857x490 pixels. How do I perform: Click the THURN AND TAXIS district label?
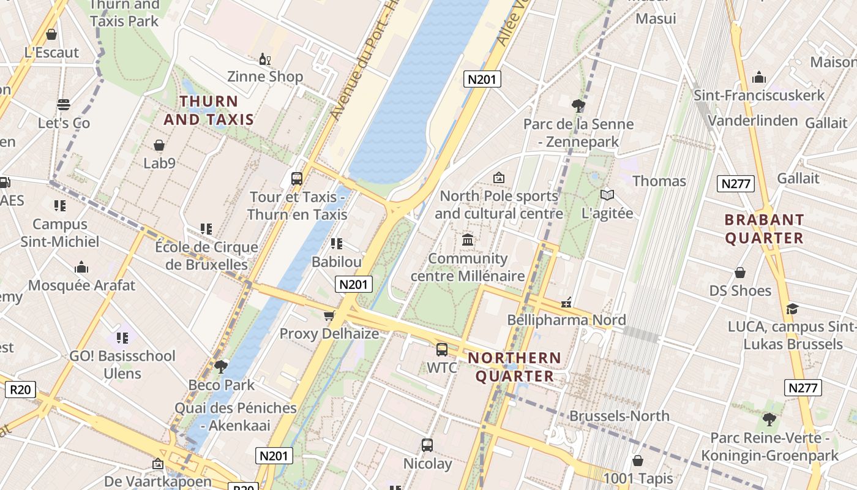pos(209,110)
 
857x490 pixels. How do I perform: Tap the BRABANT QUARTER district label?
pos(764,228)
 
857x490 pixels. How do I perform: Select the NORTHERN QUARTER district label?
pos(514,366)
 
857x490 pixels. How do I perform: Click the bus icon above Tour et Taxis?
pos(297,179)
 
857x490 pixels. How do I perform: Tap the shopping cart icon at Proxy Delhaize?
pos(329,316)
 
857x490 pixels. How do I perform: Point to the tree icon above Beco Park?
pos(220,367)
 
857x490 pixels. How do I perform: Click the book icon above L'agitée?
pos(607,195)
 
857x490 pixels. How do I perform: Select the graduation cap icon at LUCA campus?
pos(792,309)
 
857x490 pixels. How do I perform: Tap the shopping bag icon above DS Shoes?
pos(740,273)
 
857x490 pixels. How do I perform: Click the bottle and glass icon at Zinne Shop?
pos(265,59)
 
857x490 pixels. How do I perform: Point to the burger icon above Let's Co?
pos(64,105)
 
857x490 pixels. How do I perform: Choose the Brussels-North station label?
pos(619,417)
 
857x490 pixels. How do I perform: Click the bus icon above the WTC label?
pos(441,350)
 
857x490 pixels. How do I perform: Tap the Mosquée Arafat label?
pos(81,285)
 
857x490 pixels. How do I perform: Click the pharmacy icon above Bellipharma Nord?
pos(567,303)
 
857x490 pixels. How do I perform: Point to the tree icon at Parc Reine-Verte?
pos(769,420)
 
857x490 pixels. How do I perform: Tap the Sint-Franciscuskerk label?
pos(759,96)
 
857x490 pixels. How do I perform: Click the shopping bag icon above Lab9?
pos(159,145)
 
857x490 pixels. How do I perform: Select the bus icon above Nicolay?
pos(427,445)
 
